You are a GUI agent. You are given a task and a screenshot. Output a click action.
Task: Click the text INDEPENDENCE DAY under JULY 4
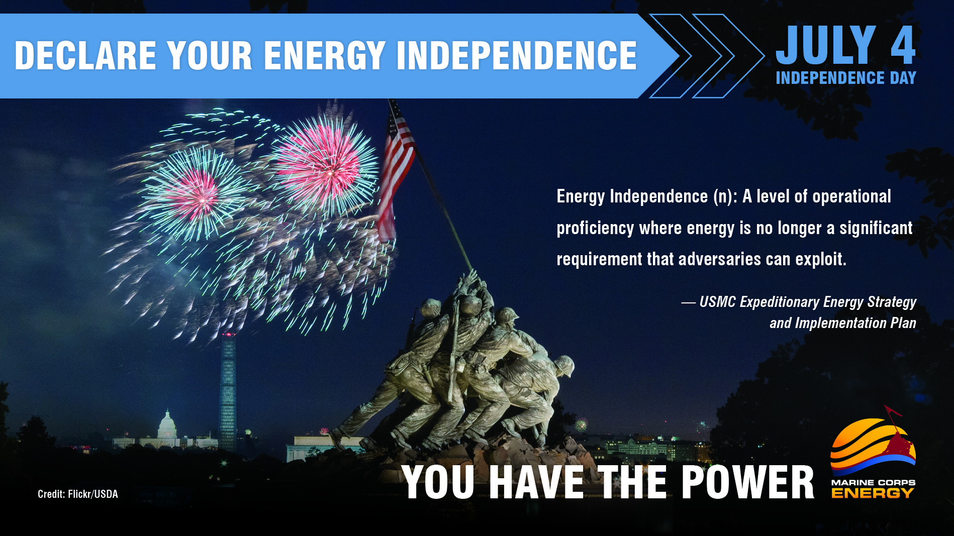tap(845, 78)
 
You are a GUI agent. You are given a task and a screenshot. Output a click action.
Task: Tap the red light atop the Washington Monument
tap(229, 334)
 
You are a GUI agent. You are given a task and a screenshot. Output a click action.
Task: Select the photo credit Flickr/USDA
tap(78, 494)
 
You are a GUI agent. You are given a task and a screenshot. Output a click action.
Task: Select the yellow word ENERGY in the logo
tap(873, 493)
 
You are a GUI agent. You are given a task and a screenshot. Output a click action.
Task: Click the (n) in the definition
tap(725, 196)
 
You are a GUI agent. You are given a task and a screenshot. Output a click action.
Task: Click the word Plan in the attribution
tap(903, 323)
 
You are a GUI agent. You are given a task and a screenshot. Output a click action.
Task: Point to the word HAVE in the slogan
tap(536, 482)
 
